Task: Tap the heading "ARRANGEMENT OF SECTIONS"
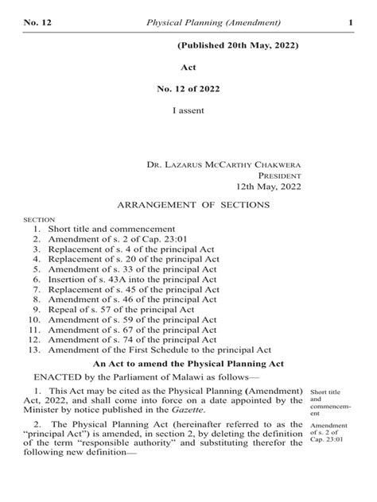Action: click(x=194, y=205)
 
